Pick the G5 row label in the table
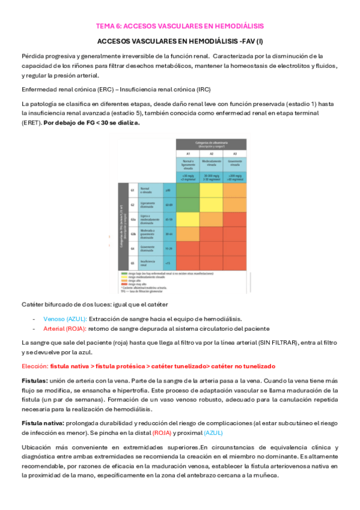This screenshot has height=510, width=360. (131, 263)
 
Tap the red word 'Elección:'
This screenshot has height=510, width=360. (35, 366)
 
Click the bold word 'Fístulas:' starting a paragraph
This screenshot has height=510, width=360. (34, 381)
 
